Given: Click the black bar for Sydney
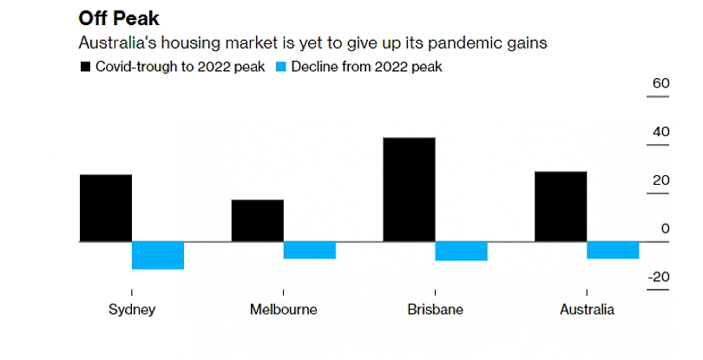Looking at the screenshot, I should (x=105, y=207).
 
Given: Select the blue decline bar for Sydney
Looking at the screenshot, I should (x=158, y=255).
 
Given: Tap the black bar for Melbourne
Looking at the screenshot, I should (x=257, y=220).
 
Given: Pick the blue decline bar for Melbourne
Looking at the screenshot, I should (x=310, y=250).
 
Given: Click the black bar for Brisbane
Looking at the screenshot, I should (x=409, y=189).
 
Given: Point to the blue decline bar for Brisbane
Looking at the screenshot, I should (x=462, y=251).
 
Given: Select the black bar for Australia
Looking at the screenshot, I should (x=561, y=206).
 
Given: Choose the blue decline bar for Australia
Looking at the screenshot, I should (x=613, y=250).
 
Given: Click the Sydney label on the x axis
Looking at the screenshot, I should (x=132, y=310).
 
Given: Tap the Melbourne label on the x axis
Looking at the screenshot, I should (x=283, y=310).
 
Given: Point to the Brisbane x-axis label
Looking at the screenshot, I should (x=435, y=310).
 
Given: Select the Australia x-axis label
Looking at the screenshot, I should (x=587, y=310).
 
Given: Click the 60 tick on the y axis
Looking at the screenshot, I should (x=660, y=84).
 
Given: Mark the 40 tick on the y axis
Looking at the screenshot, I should (x=660, y=133).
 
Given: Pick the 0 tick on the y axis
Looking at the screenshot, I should (x=665, y=229).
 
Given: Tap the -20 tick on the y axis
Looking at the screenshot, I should (x=659, y=278).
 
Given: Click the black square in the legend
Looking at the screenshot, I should (x=85, y=67).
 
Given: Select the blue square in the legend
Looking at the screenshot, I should (x=281, y=67).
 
